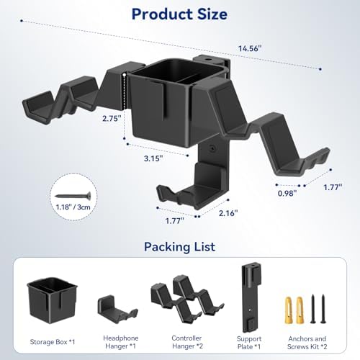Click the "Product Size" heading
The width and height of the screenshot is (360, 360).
[179, 14]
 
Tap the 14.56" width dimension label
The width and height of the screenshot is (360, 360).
[250, 48]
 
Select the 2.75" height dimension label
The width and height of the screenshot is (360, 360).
[111, 118]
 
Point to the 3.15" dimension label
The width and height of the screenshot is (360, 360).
[153, 158]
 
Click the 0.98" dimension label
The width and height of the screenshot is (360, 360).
[287, 193]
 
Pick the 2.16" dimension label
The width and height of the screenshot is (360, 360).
[228, 213]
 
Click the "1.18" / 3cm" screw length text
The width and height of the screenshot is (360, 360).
[73, 207]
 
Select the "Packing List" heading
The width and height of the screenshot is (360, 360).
[179, 247]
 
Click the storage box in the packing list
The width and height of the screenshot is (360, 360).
[53, 300]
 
